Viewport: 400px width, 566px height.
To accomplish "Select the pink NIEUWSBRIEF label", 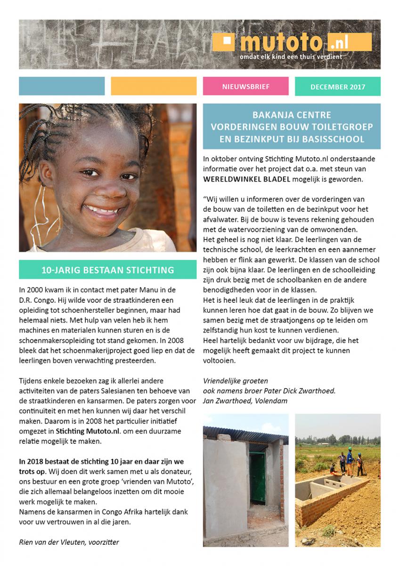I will [245, 87].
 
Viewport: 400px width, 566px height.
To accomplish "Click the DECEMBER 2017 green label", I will [337, 87].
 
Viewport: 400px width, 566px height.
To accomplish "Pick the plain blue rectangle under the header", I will [62, 86].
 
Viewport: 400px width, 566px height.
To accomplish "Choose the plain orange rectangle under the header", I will [154, 86].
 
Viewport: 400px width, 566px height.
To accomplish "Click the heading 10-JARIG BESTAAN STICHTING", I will [107, 270].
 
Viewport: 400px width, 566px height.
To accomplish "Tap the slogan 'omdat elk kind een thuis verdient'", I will [291, 57].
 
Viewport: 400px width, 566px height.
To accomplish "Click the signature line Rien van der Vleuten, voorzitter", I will [69, 542].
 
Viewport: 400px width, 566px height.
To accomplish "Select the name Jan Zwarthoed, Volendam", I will [245, 401].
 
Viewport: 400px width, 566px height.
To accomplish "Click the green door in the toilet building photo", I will [257, 479].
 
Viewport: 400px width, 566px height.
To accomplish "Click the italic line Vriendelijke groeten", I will [235, 381].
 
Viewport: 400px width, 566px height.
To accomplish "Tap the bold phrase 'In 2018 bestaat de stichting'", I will [68, 461].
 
